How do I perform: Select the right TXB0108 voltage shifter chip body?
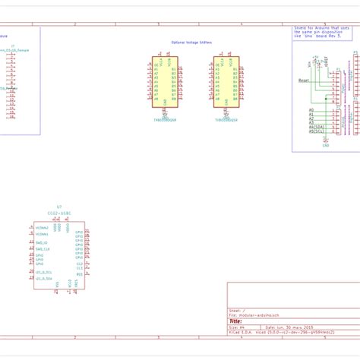point(227,84)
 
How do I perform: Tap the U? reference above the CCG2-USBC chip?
point(59,206)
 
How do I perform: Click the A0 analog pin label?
point(311,110)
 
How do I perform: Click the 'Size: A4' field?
point(236,327)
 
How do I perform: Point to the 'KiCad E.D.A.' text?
point(241,332)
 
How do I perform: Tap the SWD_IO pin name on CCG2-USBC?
point(42,243)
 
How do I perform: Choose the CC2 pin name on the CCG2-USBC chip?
point(79,264)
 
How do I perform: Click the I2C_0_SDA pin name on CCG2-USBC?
point(44,271)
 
